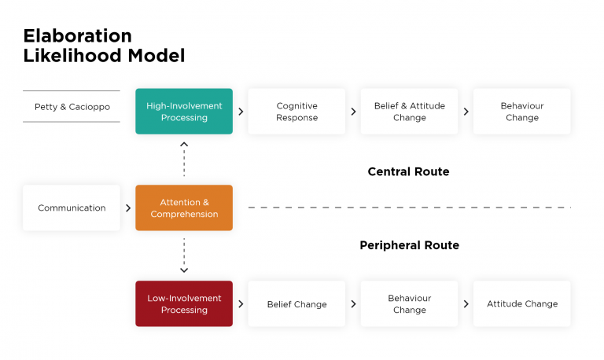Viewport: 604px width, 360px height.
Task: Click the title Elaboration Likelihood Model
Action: (104, 46)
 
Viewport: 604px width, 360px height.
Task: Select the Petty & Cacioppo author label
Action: (72, 106)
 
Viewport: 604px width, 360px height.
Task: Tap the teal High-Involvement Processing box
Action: (184, 112)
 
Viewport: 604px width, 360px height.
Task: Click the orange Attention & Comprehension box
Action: (184, 208)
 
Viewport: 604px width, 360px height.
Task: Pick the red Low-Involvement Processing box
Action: (184, 304)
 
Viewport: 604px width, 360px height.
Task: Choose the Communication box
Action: (72, 208)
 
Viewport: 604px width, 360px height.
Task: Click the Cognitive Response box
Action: (296, 112)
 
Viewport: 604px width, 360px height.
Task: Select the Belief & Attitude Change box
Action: (409, 112)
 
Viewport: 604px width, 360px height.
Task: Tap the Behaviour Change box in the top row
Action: (521, 112)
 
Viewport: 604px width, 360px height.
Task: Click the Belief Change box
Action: (296, 304)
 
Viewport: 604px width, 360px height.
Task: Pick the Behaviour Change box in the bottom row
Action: (409, 304)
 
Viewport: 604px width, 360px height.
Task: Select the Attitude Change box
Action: (521, 304)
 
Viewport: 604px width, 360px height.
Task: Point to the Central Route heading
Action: (408, 171)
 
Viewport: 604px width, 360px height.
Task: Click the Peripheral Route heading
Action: (409, 245)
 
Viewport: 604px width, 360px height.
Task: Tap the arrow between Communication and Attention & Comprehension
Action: (128, 208)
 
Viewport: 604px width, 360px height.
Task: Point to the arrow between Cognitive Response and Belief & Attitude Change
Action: (353, 112)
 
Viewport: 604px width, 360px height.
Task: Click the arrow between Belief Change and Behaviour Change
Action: (353, 304)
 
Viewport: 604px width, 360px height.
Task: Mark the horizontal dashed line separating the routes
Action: (409, 208)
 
